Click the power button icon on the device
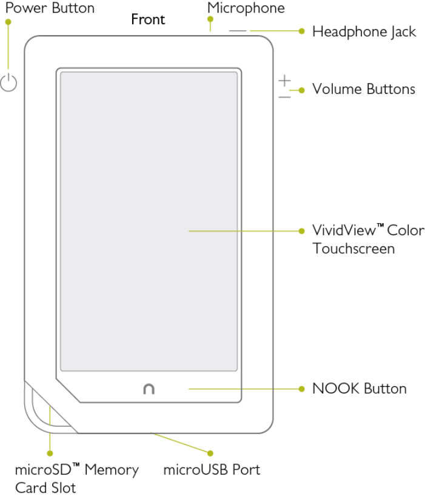[8, 82]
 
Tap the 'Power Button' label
[50, 8]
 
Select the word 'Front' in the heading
[148, 19]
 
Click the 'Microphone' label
[246, 8]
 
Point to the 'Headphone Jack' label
[364, 32]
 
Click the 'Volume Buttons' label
[363, 89]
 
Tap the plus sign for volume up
[284, 80]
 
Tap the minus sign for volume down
[284, 96]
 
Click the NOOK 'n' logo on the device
[149, 389]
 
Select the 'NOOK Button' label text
[359, 389]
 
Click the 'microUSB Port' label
[212, 470]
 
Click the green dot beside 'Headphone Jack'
[301, 30]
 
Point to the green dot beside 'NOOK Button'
[301, 389]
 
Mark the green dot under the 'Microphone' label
[210, 19]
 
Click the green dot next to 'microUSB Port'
[210, 453]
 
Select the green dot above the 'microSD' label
[50, 453]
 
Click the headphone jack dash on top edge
[238, 30]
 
